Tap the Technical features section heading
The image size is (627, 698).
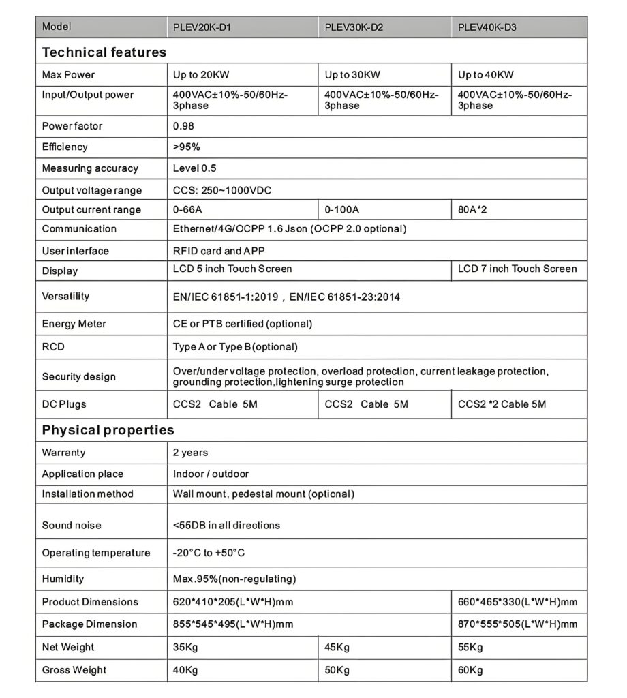(x=104, y=52)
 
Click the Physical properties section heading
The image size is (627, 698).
(x=108, y=430)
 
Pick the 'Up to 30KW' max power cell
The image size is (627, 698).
(x=352, y=74)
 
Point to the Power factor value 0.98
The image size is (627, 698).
(x=184, y=126)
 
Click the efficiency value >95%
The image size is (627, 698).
(x=187, y=147)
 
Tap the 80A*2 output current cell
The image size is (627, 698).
(x=472, y=209)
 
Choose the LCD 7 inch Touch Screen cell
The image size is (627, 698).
(x=517, y=269)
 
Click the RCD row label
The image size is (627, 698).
(x=53, y=347)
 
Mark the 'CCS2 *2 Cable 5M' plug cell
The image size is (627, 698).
(x=502, y=404)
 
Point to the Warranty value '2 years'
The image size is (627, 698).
(x=191, y=453)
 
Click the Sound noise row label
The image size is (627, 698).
(x=72, y=526)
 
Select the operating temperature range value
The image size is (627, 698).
(x=209, y=553)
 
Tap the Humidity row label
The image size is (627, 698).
(x=63, y=579)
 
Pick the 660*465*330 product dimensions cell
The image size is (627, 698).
(x=517, y=602)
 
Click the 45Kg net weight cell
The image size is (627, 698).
(x=337, y=647)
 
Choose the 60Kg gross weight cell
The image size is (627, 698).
(x=470, y=670)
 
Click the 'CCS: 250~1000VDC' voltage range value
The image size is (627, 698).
(x=222, y=190)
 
